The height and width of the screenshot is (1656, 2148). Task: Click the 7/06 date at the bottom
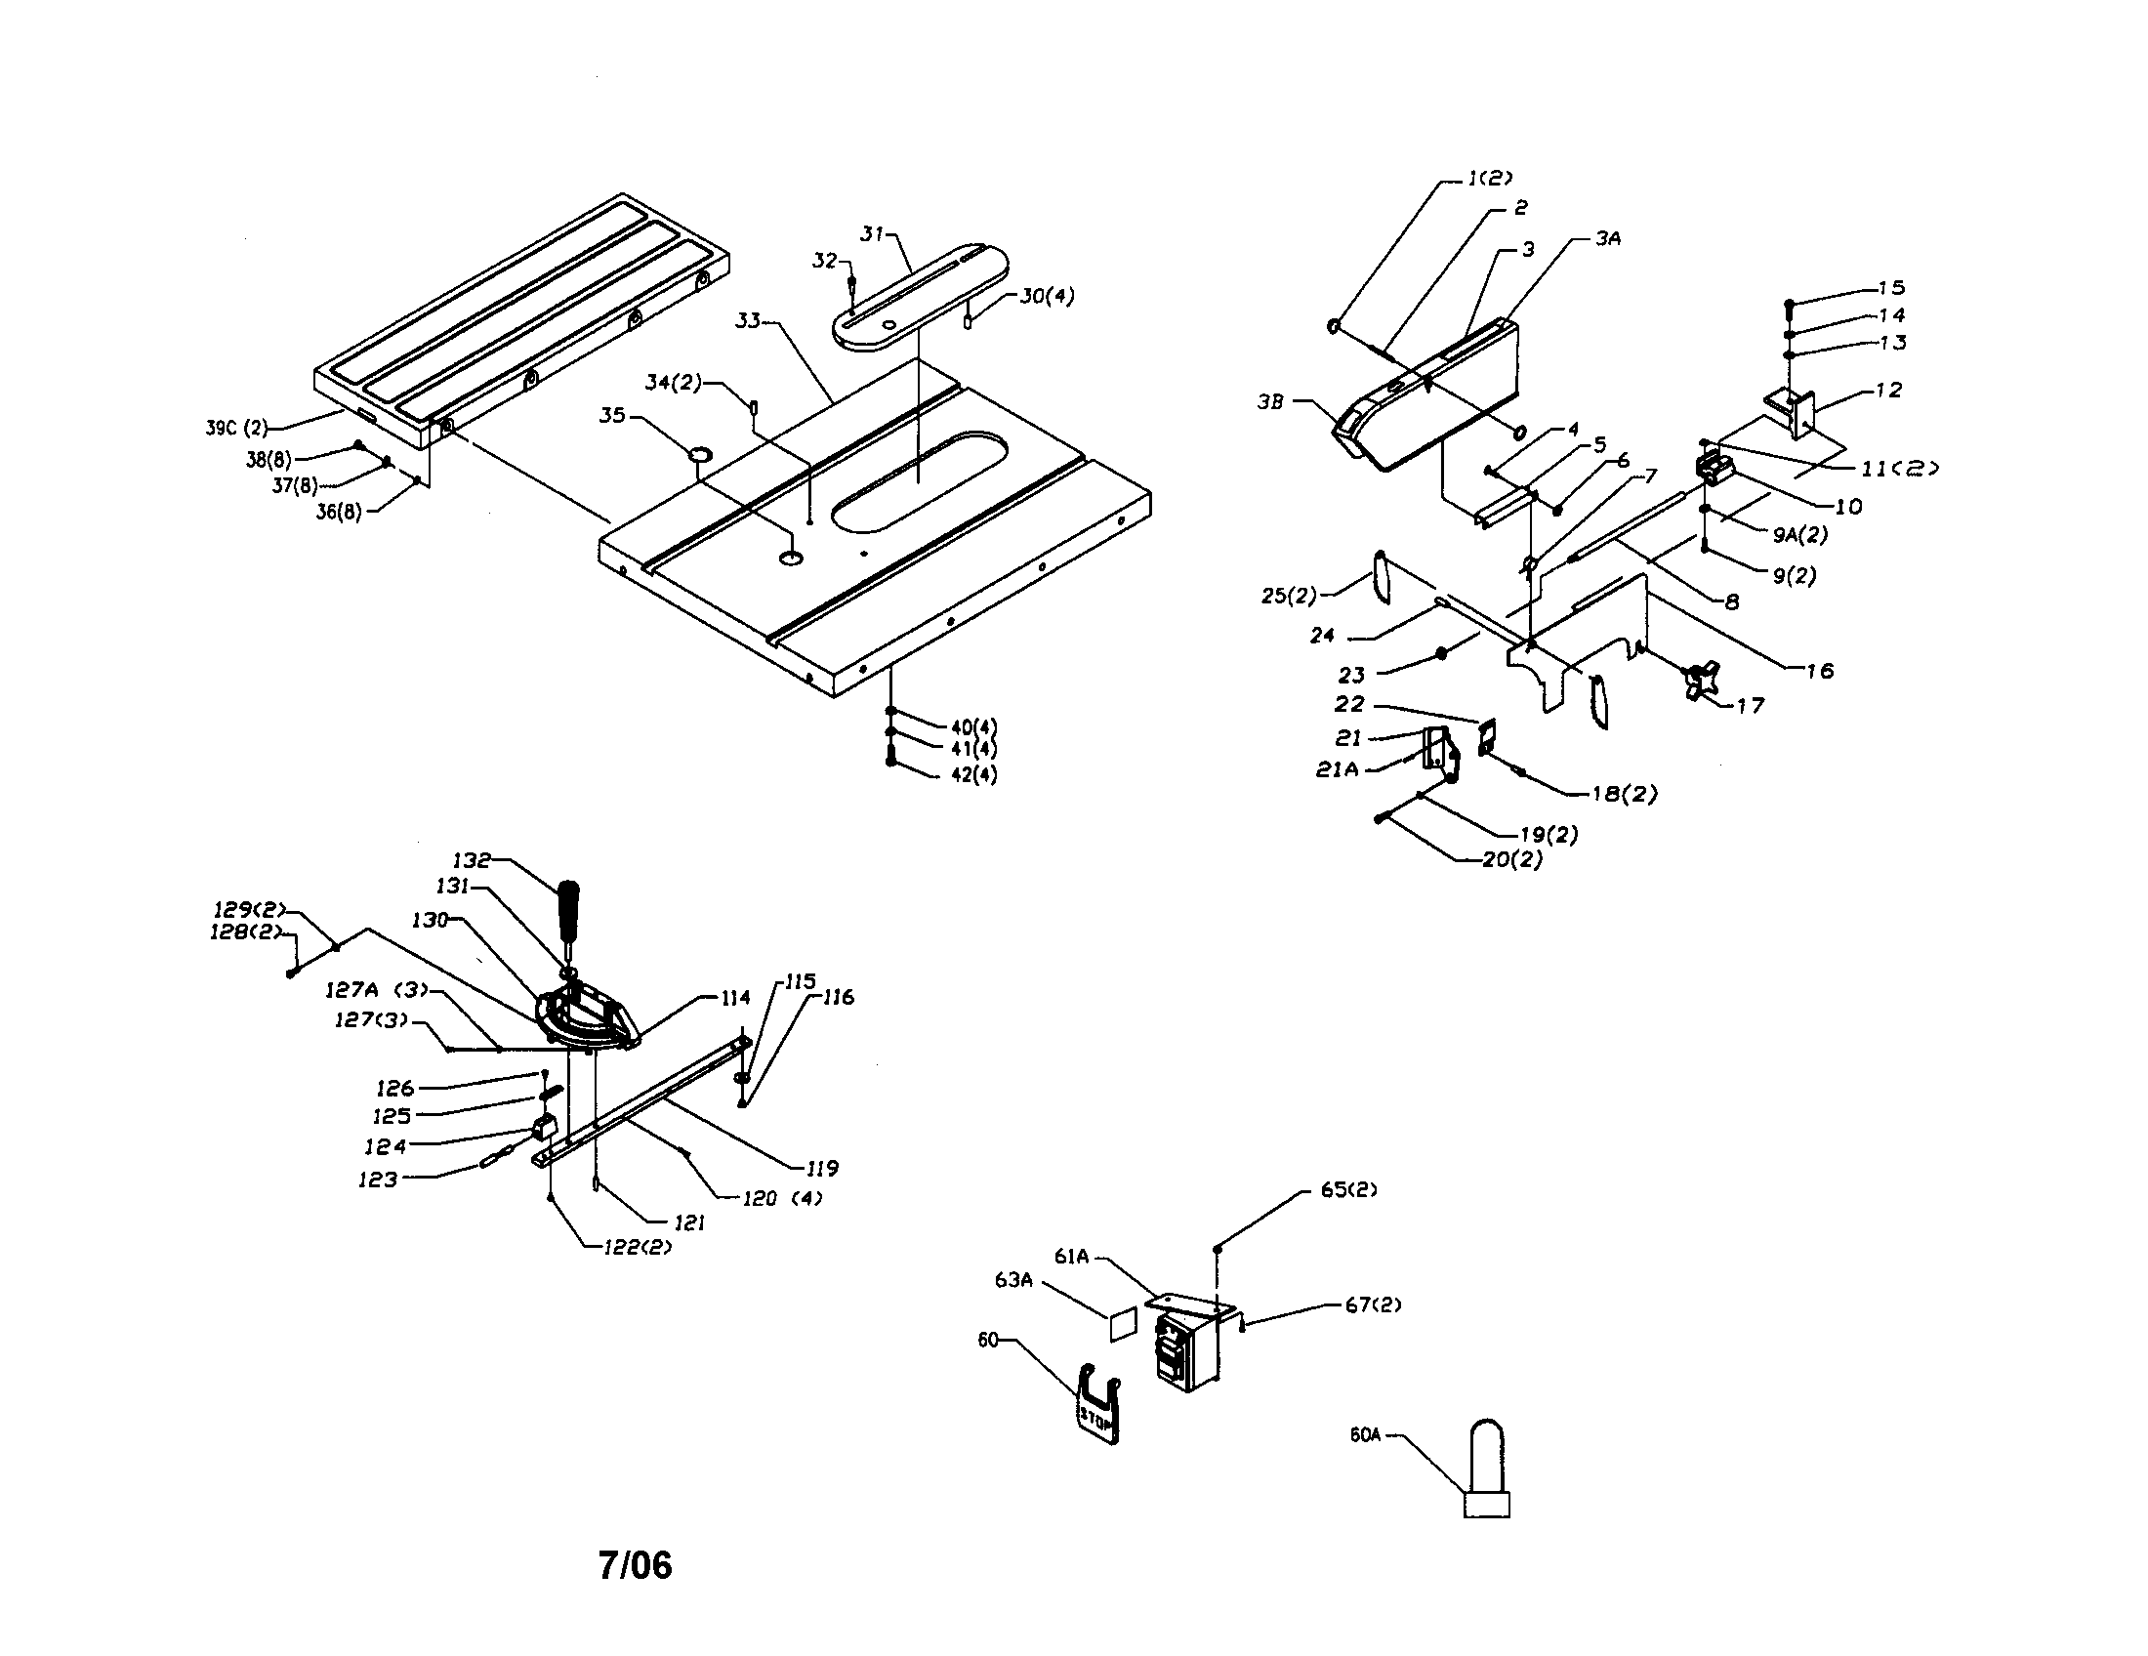pyautogui.click(x=635, y=1564)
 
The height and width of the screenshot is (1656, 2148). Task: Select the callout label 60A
pyautogui.click(x=1365, y=1435)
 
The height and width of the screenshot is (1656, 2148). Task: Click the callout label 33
pyautogui.click(x=749, y=320)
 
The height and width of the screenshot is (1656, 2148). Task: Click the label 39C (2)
pyautogui.click(x=236, y=428)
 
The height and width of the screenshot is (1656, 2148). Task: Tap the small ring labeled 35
pyautogui.click(x=700, y=453)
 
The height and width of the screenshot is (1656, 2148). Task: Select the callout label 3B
pyautogui.click(x=1269, y=401)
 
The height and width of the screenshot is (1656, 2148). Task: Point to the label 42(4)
pyautogui.click(x=973, y=775)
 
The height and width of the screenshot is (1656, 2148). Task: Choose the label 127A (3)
pyautogui.click(x=378, y=990)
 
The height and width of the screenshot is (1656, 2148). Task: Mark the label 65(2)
pyautogui.click(x=1348, y=1190)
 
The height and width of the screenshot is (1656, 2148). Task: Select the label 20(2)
pyautogui.click(x=1511, y=859)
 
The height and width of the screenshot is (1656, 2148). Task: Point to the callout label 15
pyautogui.click(x=1891, y=288)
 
